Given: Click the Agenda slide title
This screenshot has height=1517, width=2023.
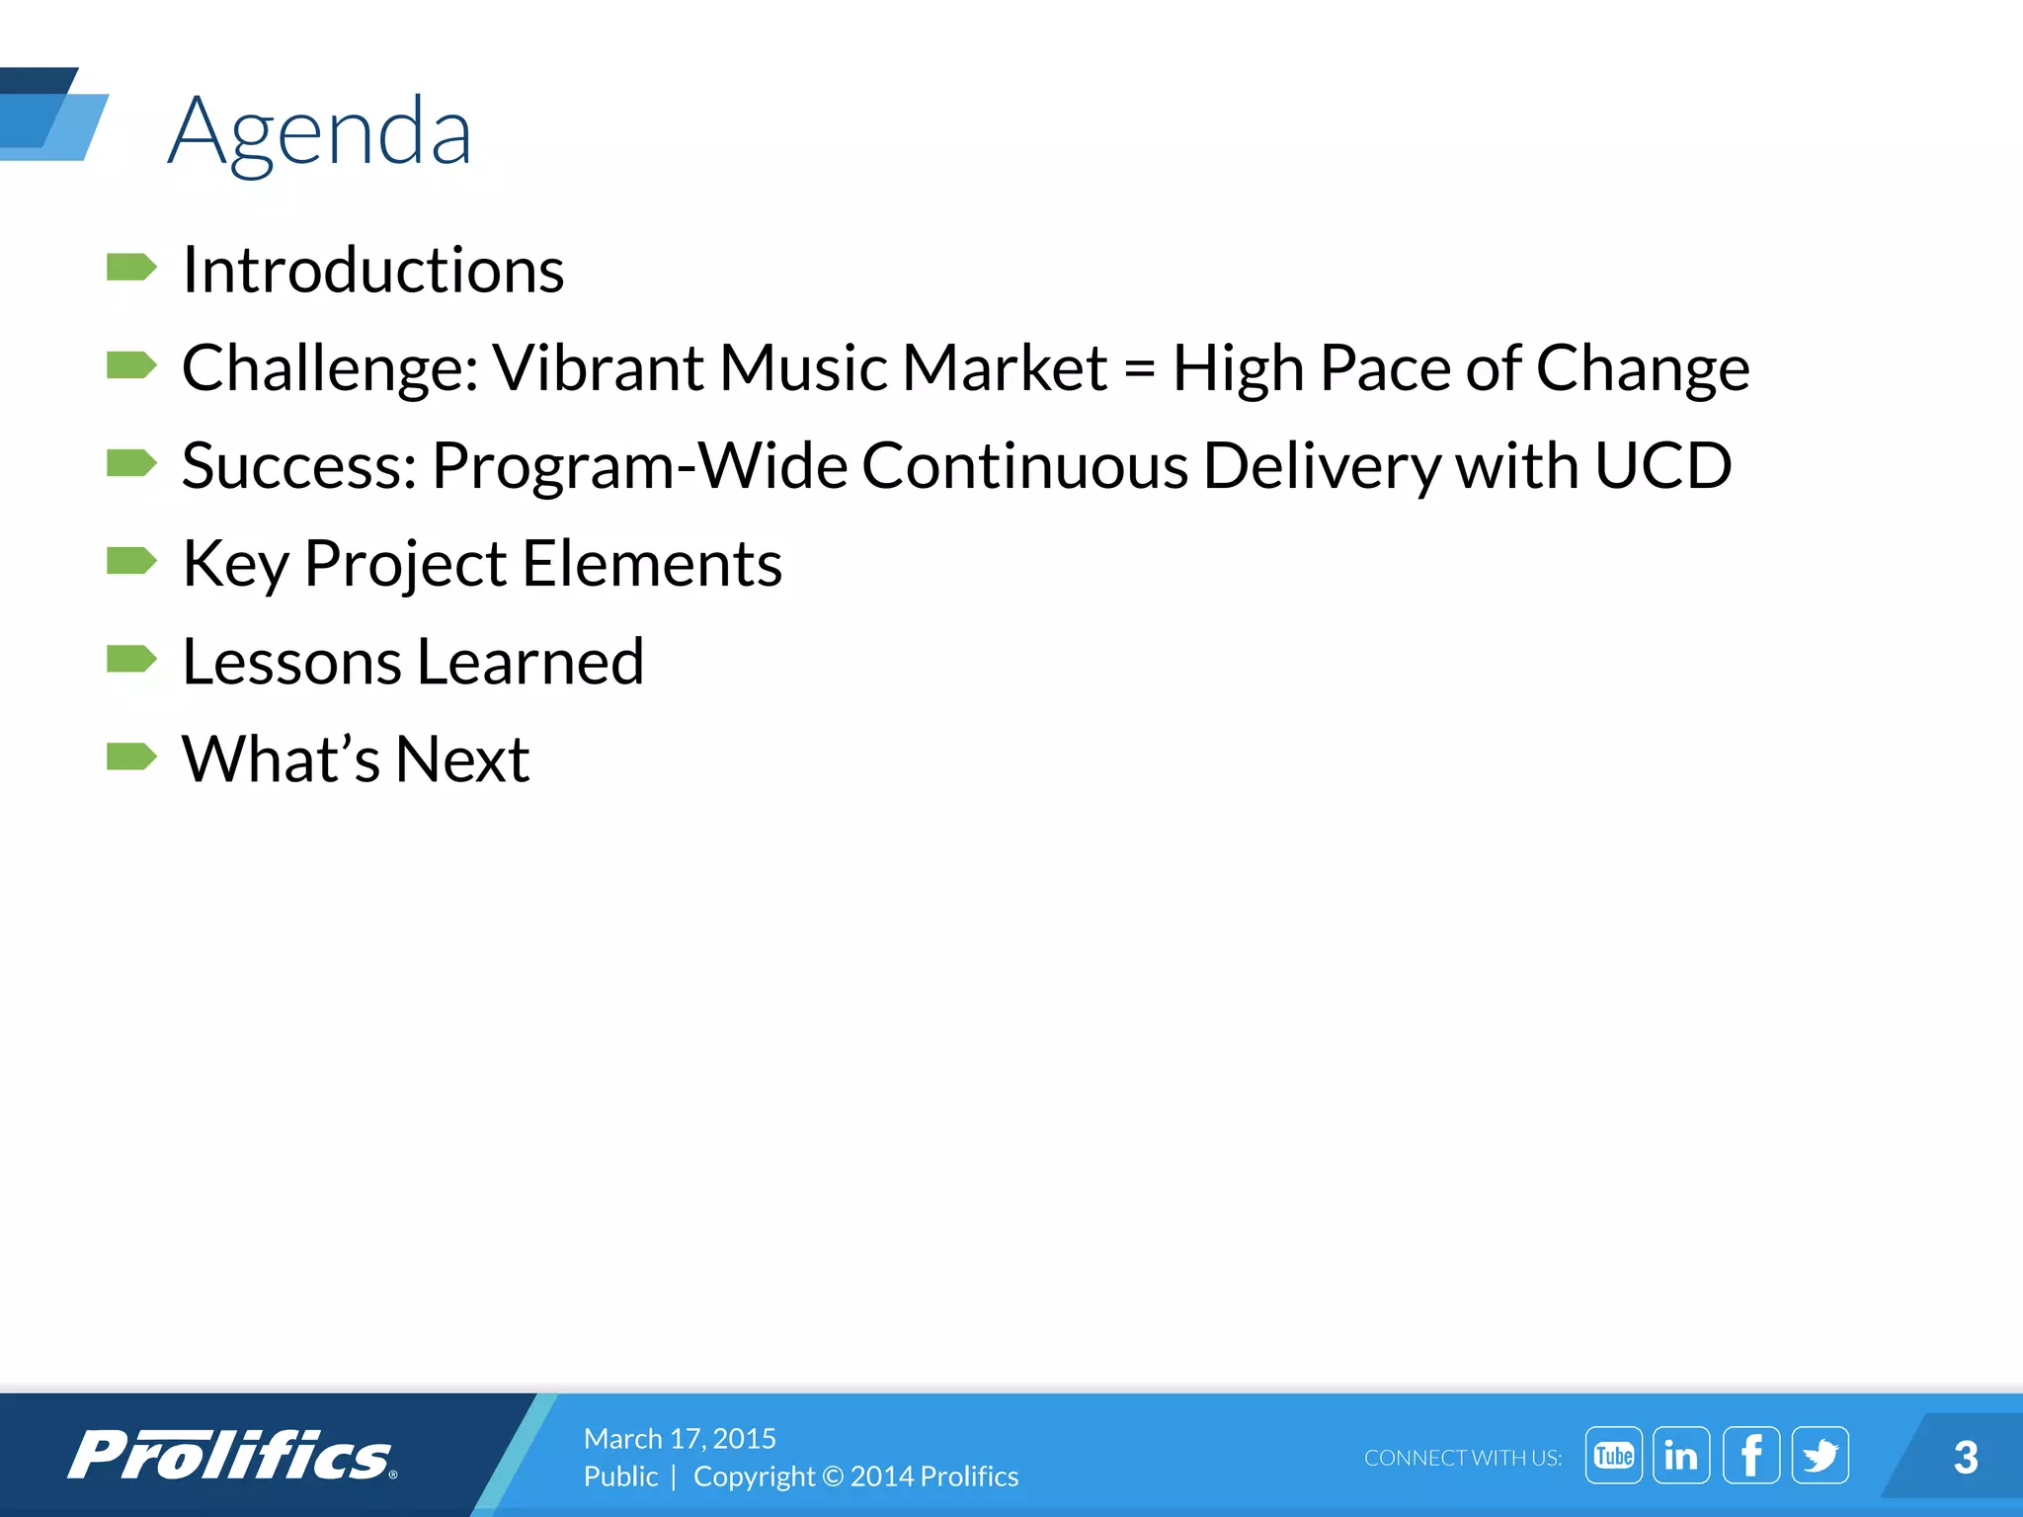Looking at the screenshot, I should pos(319,132).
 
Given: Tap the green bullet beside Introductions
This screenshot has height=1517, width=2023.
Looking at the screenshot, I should pos(130,267).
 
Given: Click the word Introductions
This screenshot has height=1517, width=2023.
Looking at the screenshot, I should pos(373,270).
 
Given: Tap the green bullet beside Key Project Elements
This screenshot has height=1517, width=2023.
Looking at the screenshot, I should pos(130,561).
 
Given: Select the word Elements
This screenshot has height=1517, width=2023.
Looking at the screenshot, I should pos(652,564).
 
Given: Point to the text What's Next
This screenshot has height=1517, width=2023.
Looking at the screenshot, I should pos(356,759).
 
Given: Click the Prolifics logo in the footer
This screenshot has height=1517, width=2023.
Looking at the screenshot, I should pos(232,1455).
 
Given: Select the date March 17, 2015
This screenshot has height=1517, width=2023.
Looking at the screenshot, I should pos(680,1438).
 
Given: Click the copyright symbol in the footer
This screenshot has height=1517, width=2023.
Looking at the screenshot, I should pos(833,1477).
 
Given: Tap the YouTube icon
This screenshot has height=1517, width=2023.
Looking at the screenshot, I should pos(1613,1456).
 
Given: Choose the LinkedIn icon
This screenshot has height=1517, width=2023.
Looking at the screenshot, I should pos(1681,1456).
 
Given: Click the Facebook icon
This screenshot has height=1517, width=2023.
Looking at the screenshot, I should pos(1750,1456).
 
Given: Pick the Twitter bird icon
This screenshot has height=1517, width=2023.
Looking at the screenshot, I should pos(1820,1456).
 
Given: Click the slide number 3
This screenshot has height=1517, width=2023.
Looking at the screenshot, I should pos(1965,1458).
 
